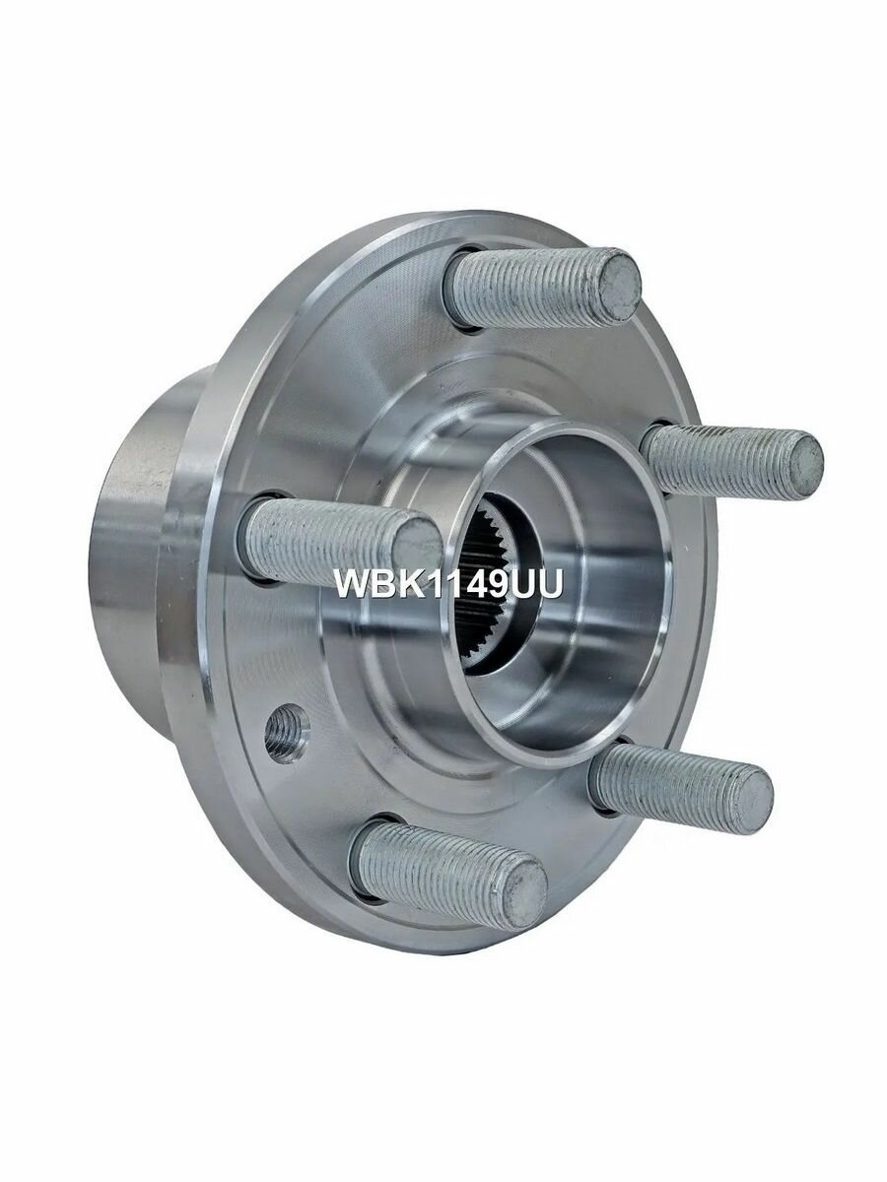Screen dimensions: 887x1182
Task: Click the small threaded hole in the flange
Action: coord(288,733)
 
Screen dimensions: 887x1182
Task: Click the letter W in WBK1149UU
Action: coord(353,583)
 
